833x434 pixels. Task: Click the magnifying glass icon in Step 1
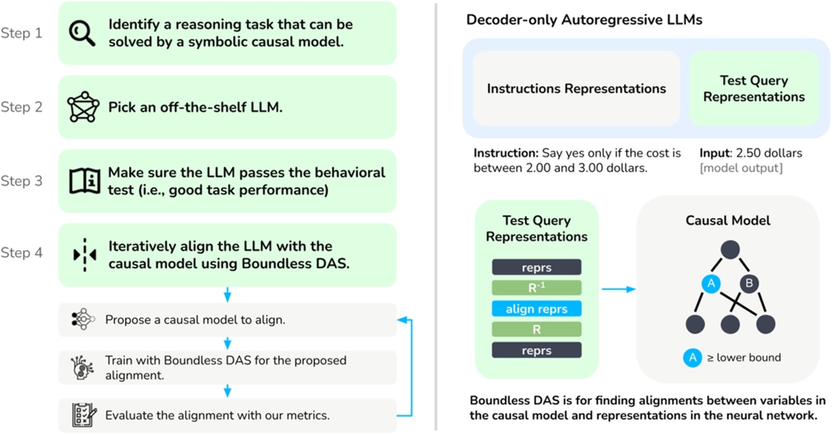point(82,33)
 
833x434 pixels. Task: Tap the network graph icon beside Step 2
point(84,107)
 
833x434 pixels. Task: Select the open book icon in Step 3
point(84,181)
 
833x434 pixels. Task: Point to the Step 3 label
point(21,181)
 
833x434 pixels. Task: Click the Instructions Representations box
point(576,89)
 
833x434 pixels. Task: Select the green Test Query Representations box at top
point(754,89)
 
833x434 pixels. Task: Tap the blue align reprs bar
point(537,309)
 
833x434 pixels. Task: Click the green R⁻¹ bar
point(537,288)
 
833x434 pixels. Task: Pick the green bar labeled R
point(537,329)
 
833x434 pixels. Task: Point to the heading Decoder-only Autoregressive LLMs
point(584,19)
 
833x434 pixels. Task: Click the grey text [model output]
point(741,168)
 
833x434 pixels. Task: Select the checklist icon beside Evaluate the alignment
point(84,415)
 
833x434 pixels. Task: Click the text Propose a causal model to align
point(194,320)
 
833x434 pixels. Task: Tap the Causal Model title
point(728,220)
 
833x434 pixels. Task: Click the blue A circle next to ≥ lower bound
point(692,357)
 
